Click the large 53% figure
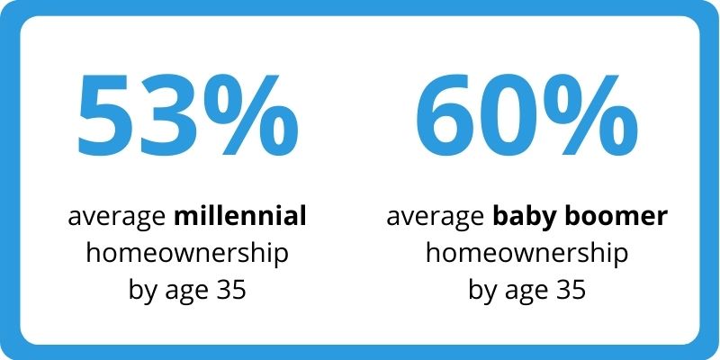(187, 114)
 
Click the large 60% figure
(526, 114)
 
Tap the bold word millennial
(240, 216)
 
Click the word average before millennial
(117, 219)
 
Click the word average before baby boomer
(436, 219)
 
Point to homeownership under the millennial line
(187, 255)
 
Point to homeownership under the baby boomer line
(526, 255)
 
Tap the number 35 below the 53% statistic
(233, 290)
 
